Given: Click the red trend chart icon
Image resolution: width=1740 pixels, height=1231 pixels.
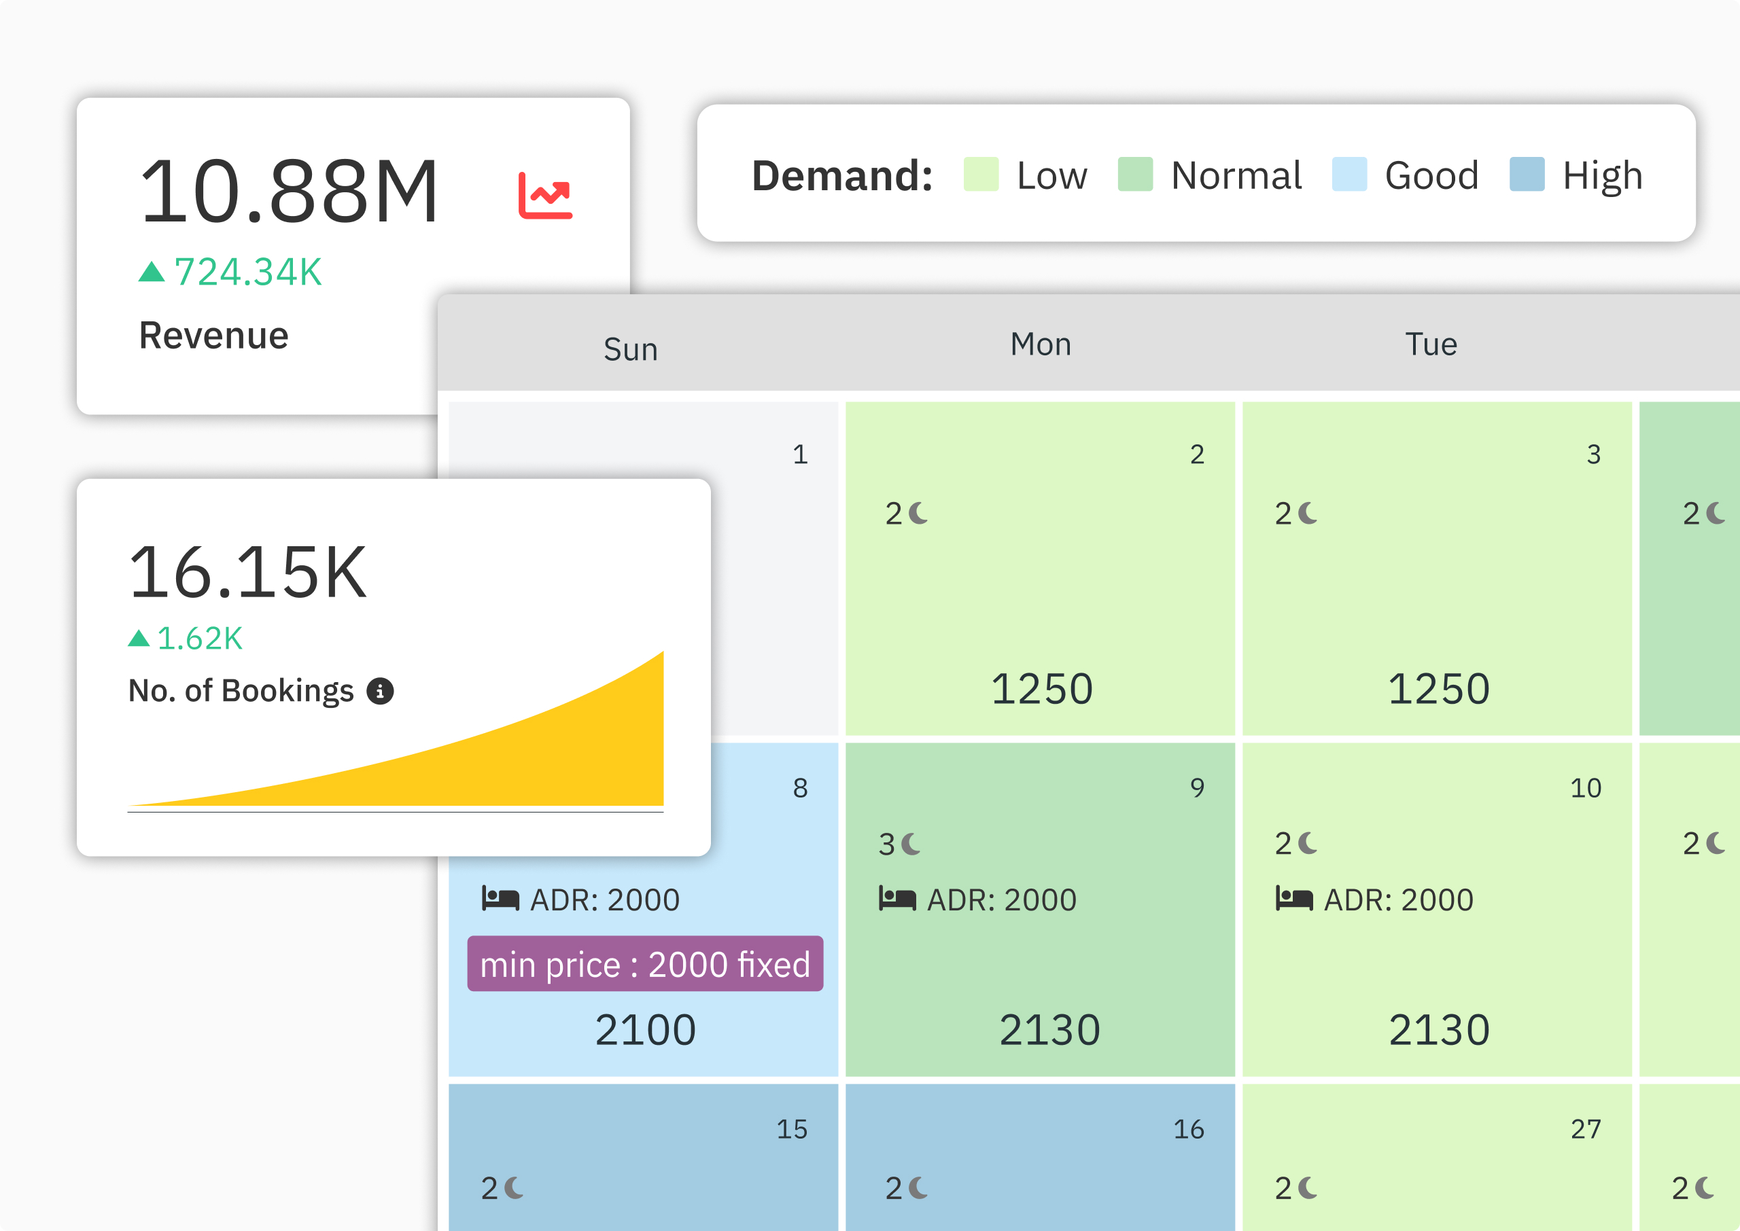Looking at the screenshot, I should (545, 196).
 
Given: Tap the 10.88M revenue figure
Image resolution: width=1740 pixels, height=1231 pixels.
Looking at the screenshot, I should (289, 192).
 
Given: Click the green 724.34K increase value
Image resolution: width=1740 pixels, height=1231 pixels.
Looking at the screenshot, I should (248, 272).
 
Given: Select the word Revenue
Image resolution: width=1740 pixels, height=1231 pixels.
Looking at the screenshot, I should (214, 336).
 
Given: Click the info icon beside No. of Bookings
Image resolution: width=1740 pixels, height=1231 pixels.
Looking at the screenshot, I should (380, 690).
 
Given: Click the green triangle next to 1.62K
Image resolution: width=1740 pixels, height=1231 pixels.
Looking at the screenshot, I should (139, 638).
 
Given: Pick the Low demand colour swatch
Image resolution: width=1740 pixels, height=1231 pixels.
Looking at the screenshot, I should (980, 175).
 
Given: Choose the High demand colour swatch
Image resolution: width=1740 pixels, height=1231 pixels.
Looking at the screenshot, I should (1526, 175).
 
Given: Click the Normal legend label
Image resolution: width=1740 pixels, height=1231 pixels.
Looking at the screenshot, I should (1236, 176).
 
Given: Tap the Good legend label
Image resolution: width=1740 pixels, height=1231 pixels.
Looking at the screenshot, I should (1431, 176).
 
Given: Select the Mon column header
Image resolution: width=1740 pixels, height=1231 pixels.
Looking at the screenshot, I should (1040, 344).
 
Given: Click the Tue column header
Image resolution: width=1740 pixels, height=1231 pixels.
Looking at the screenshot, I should (1431, 344).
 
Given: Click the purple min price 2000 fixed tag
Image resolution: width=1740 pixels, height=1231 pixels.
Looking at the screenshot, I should (644, 964).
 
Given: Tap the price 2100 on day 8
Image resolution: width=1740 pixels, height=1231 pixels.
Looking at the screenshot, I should (644, 1029).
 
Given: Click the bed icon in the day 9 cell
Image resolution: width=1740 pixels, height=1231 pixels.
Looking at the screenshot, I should (897, 898).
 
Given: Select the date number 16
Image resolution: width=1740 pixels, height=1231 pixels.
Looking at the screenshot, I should (1188, 1129).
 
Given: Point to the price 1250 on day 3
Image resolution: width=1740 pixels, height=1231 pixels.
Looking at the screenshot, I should (1438, 688).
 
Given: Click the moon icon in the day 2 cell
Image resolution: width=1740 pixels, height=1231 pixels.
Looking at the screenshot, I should (918, 513).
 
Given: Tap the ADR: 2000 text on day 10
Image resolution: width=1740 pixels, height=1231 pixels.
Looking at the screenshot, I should (1398, 899).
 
